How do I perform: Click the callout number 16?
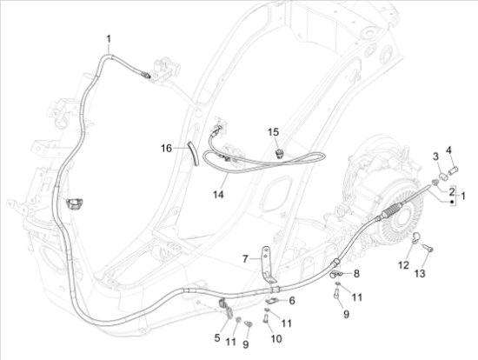(167, 149)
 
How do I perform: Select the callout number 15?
(273, 132)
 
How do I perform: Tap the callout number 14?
(218, 194)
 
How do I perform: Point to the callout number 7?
(245, 259)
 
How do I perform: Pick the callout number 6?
(292, 301)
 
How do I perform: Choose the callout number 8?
(356, 274)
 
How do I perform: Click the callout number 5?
(217, 337)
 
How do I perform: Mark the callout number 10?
(276, 338)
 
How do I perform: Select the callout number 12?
(403, 265)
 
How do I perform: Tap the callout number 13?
(420, 273)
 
